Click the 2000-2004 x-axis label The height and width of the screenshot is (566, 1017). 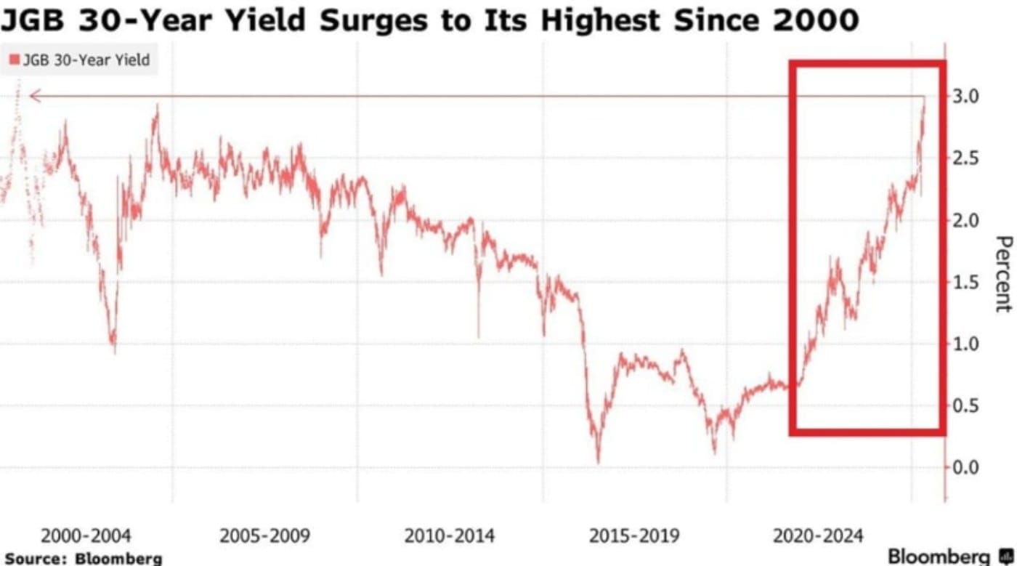coord(86,536)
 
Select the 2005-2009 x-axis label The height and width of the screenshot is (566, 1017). coord(264,536)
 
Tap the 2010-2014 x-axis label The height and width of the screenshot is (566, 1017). coord(450,536)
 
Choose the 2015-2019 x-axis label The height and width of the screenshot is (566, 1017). coord(634,536)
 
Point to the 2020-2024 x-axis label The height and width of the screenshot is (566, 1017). coord(819,536)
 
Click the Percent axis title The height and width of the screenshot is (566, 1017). coord(1003,274)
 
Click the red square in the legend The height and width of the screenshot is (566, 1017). coord(15,60)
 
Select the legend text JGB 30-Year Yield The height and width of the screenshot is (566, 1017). coord(86,60)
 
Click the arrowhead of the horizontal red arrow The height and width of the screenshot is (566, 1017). coord(32,96)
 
